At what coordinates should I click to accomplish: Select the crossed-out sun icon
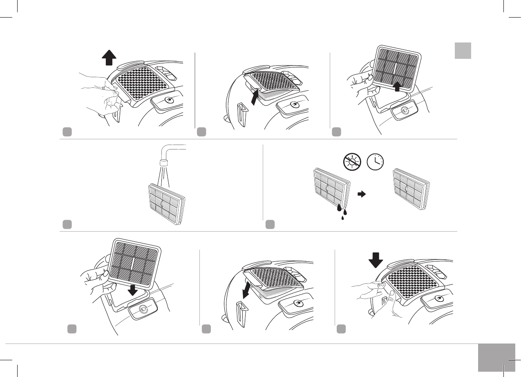(x=351, y=161)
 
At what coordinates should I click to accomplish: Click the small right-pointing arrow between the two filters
(x=361, y=195)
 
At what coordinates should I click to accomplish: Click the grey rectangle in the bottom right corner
(x=496, y=358)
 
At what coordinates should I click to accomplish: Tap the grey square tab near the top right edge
(x=463, y=50)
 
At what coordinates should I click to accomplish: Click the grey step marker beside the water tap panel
(x=67, y=224)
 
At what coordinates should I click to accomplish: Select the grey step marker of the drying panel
(x=270, y=224)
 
